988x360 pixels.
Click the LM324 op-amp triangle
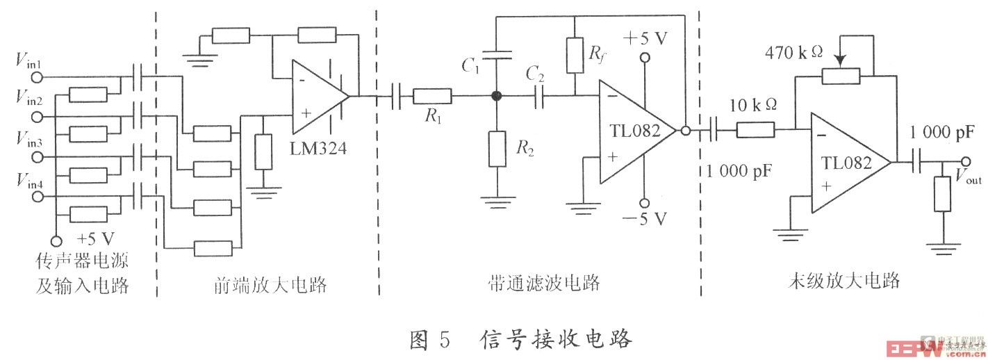[316, 97]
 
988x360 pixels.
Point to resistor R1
[432, 96]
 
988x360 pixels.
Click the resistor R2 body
[496, 147]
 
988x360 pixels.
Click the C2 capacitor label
[535, 74]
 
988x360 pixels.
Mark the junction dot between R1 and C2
[496, 96]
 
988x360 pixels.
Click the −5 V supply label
[645, 220]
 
